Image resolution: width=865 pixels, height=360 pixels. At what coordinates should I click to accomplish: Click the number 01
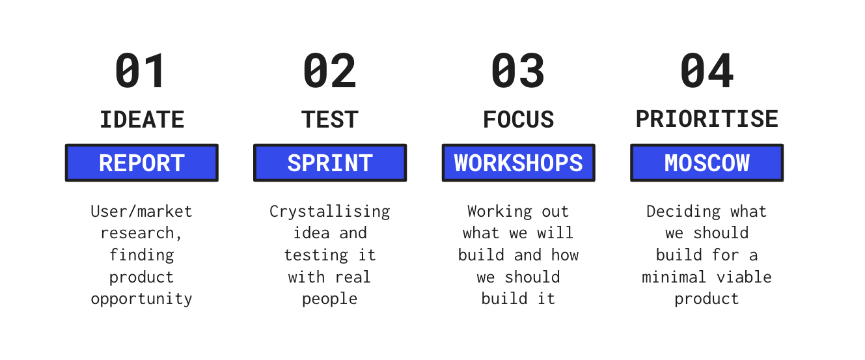pyautogui.click(x=141, y=71)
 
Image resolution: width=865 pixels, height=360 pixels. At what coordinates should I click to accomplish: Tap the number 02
pyautogui.click(x=330, y=71)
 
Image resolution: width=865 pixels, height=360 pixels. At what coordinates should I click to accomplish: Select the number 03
pyautogui.click(x=518, y=71)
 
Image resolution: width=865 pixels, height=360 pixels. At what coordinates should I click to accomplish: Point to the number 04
pyautogui.click(x=707, y=71)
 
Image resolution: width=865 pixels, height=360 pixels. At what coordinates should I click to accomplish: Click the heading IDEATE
pyautogui.click(x=142, y=120)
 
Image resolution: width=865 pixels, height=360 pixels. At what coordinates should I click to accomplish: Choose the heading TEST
pyautogui.click(x=330, y=120)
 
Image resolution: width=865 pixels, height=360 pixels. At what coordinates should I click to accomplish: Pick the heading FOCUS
pyautogui.click(x=518, y=120)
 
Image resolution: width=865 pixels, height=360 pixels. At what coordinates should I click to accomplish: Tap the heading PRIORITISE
pyautogui.click(x=707, y=119)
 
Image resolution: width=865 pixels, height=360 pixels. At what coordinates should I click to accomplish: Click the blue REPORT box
pyautogui.click(x=142, y=163)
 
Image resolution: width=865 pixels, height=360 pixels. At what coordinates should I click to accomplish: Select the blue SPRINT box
pyautogui.click(x=330, y=163)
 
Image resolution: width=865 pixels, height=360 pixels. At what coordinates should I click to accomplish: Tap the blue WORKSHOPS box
pyautogui.click(x=518, y=163)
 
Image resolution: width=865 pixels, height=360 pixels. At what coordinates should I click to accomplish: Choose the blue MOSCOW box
pyautogui.click(x=707, y=163)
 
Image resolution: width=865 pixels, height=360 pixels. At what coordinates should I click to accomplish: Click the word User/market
pyautogui.click(x=142, y=212)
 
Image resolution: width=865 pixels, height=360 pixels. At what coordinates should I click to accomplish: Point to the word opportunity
pyautogui.click(x=142, y=299)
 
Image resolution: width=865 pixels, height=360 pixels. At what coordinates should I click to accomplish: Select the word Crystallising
pyautogui.click(x=330, y=212)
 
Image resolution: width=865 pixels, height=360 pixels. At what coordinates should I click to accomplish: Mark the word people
pyautogui.click(x=330, y=299)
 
